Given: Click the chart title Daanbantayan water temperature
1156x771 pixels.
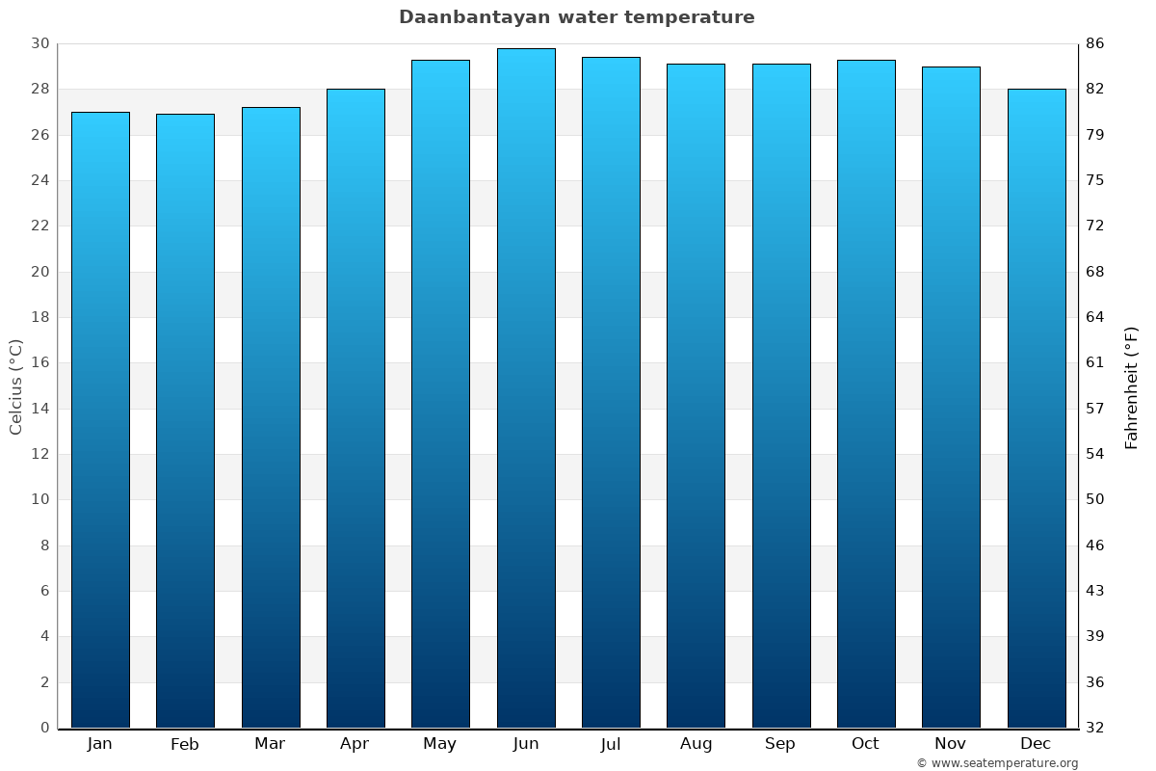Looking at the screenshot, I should (x=577, y=17).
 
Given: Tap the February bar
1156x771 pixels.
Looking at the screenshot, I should (x=185, y=420).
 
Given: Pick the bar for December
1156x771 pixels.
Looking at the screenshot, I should (x=1037, y=408).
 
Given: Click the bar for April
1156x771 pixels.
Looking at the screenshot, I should (x=355, y=408).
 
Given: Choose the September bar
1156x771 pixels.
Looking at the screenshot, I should (x=781, y=395).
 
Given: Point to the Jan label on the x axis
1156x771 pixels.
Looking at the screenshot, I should (x=100, y=744).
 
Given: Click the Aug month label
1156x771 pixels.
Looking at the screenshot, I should (x=696, y=744).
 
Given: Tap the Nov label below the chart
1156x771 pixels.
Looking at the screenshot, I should (x=951, y=744).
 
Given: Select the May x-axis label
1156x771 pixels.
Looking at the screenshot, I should (x=440, y=744).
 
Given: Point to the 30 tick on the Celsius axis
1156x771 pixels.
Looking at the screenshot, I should (x=39, y=43).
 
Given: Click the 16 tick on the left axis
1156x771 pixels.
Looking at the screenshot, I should (x=39, y=362).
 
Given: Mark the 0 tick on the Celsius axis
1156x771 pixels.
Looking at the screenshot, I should (x=44, y=728).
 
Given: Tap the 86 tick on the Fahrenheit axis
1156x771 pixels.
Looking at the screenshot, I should (x=1096, y=43).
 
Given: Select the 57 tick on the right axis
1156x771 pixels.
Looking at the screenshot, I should (x=1096, y=409).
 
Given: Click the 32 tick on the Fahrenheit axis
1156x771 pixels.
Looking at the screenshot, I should (x=1096, y=728).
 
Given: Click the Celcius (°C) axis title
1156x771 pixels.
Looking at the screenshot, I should (x=16, y=386).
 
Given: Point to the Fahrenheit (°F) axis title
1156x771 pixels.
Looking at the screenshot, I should (x=1132, y=386).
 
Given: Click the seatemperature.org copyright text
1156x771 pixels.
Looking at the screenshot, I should (x=997, y=763).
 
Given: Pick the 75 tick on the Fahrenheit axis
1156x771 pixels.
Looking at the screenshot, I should (x=1096, y=180).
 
